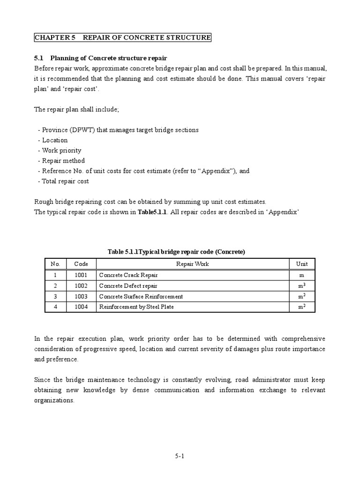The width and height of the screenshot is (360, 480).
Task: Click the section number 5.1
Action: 38,59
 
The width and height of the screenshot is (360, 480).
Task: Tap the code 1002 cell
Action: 81,286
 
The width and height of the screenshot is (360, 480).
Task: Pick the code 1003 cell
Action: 81,296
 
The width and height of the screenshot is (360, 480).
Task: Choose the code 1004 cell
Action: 81,307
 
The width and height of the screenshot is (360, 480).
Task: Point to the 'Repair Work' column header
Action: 192,264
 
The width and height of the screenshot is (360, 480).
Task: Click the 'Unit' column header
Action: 302,264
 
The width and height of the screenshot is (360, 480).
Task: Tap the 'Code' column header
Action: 81,264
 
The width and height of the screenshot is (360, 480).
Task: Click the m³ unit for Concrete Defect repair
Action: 302,286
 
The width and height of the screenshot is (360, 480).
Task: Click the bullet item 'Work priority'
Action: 61,150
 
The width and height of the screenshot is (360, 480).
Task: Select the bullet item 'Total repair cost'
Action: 65,181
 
